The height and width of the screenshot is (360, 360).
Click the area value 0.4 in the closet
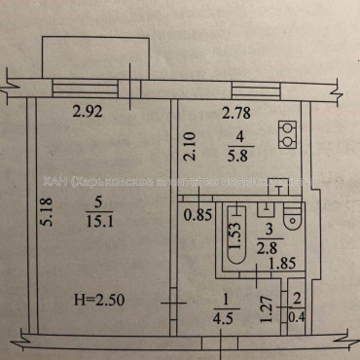pos(296,314)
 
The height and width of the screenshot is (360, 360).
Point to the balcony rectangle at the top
pos(96,55)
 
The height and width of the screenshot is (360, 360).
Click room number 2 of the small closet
pos(296,301)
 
